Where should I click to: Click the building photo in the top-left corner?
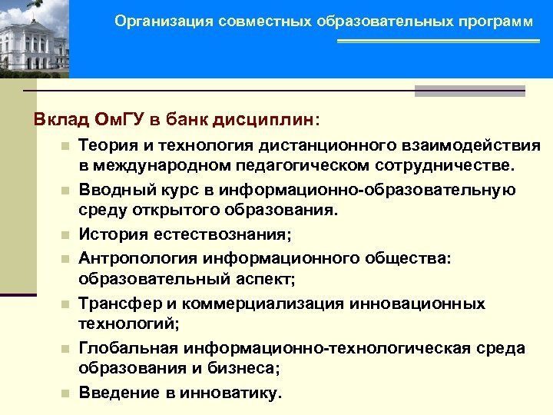pos(35,38)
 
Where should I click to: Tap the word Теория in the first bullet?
pos(108,145)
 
